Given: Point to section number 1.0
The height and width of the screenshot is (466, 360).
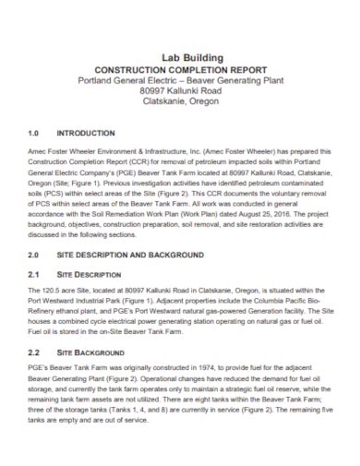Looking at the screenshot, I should tap(34, 134).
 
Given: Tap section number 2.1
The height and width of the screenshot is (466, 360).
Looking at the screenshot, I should tap(34, 275).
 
